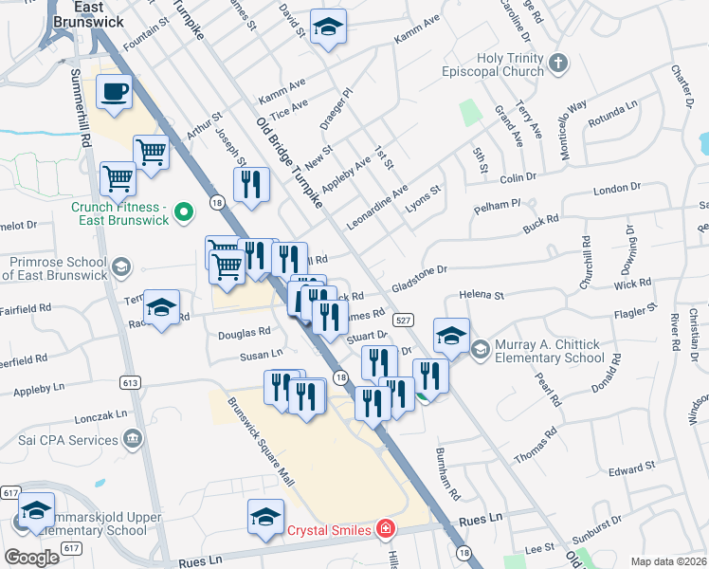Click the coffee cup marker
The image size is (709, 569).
pos(116,93)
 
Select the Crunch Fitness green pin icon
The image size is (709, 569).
pos(186,210)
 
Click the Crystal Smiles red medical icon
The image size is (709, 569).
pos(385,529)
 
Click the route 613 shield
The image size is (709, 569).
pos(131,382)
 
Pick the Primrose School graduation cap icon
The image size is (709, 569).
pos(121,267)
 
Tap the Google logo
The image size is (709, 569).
pos(31,557)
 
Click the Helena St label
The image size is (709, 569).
pos(481,296)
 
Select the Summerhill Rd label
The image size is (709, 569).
pos(84,110)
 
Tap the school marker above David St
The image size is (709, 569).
pos(329,28)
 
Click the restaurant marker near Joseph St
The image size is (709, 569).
pos(251,185)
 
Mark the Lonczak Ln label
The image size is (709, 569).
pos(101,415)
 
